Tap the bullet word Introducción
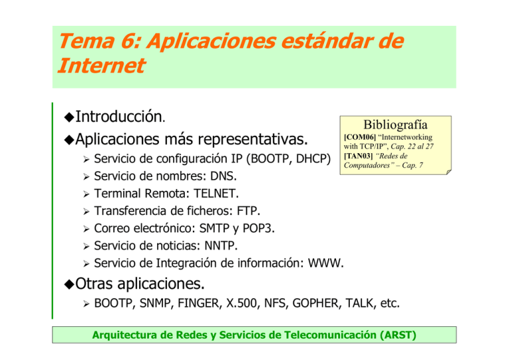117,117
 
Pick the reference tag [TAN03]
358,156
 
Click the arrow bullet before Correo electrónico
85,229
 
